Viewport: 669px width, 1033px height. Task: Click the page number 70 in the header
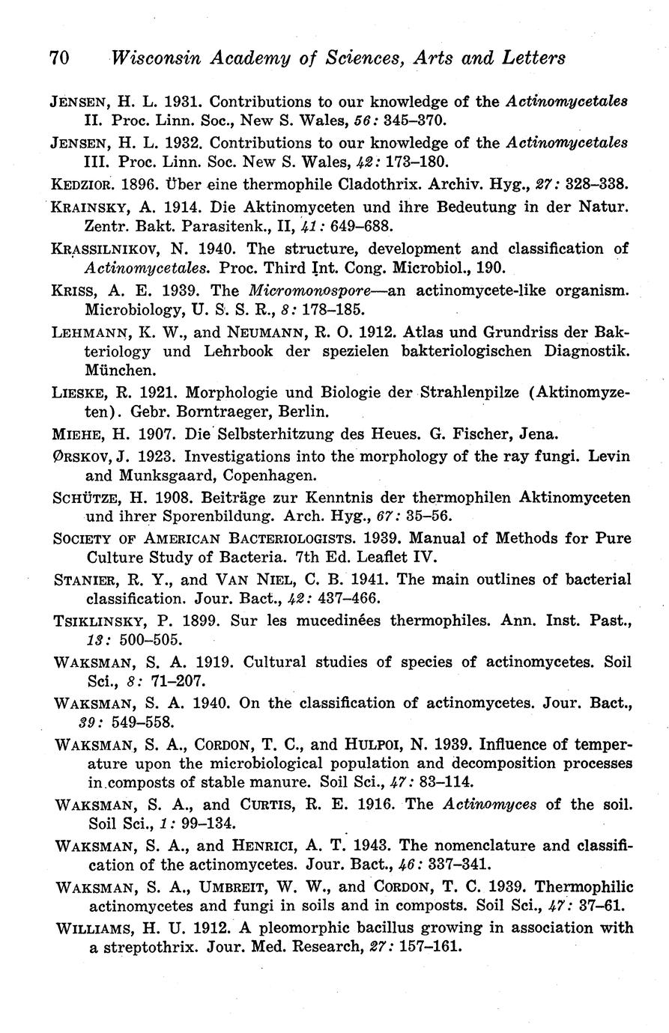coord(60,58)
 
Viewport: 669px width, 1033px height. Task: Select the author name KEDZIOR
coord(82,183)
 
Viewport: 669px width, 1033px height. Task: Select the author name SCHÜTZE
coord(84,498)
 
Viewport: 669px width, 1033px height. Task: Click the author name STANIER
coord(84,579)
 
